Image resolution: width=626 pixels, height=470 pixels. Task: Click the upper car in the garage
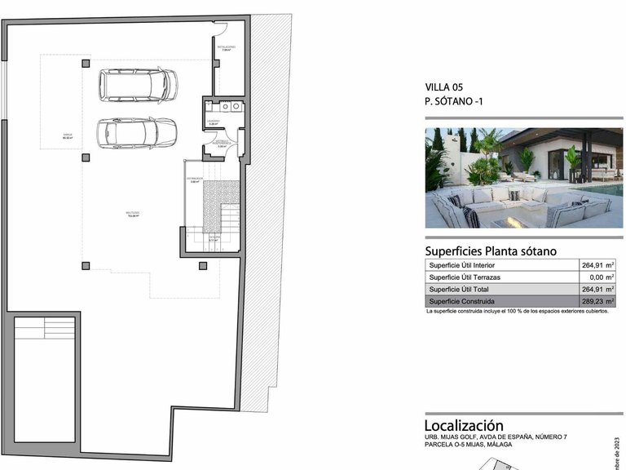click(138, 83)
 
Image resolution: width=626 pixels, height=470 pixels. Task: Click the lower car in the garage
click(137, 132)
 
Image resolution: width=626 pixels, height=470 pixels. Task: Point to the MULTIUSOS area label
click(132, 215)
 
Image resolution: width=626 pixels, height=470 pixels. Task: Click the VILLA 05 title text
click(444, 86)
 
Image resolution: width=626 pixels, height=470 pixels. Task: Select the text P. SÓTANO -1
click(454, 103)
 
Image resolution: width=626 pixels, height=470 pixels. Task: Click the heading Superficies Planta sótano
click(491, 251)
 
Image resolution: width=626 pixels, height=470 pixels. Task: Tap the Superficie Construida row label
click(461, 301)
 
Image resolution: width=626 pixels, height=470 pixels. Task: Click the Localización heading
click(463, 426)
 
